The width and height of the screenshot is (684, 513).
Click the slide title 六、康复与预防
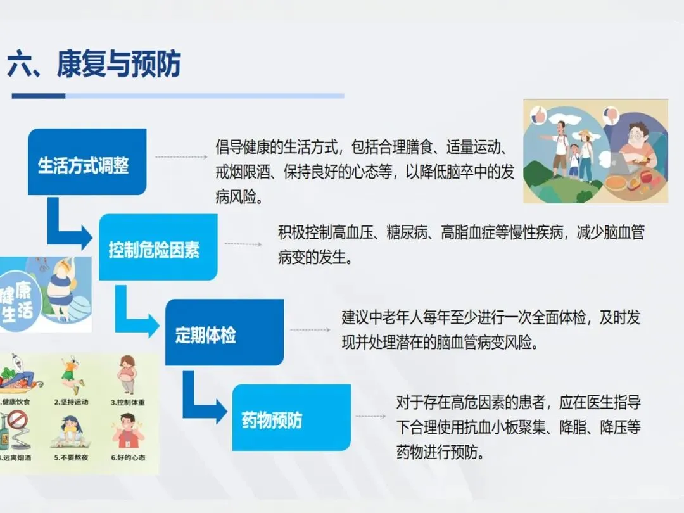(x=94, y=64)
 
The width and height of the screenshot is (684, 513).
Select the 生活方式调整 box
(x=87, y=162)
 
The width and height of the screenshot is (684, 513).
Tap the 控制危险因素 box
(x=158, y=247)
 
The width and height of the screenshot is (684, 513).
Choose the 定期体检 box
(x=225, y=332)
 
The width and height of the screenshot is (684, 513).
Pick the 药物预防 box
(x=291, y=417)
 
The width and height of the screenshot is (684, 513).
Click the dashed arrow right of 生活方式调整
(x=181, y=157)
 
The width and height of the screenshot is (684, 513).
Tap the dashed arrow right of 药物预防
(x=370, y=417)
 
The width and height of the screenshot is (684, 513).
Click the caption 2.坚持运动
(x=71, y=402)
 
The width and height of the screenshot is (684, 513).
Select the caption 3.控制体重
(x=128, y=402)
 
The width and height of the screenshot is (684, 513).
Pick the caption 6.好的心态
(x=128, y=458)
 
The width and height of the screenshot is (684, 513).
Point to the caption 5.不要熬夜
(x=71, y=458)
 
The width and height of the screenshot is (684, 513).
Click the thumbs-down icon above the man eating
(x=611, y=116)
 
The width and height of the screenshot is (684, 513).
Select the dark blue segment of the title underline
(x=39, y=96)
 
